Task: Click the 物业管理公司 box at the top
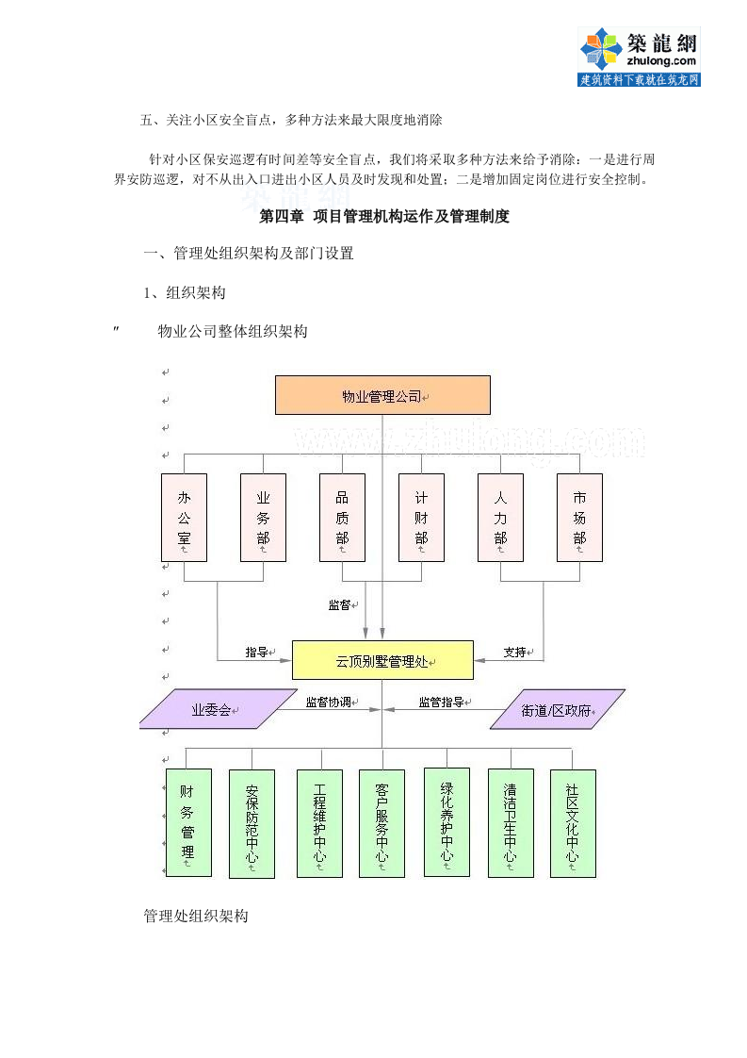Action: [x=382, y=395]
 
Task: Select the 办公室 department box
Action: [x=184, y=518]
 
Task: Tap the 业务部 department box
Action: [x=263, y=518]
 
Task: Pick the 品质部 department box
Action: [x=342, y=518]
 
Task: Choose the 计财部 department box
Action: [x=421, y=518]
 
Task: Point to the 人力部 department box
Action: [x=500, y=518]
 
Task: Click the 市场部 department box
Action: [x=579, y=518]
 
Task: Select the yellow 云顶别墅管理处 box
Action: [x=382, y=660]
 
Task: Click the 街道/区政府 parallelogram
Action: [x=558, y=710]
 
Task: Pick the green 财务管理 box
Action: [x=188, y=822]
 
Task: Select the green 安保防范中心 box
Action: [x=252, y=823]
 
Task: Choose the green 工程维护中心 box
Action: [x=319, y=823]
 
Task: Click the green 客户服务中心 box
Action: [x=382, y=823]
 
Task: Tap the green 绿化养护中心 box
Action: [x=447, y=822]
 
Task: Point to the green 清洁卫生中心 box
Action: [x=511, y=823]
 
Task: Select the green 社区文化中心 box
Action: [x=573, y=823]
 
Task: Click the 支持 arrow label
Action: [x=515, y=652]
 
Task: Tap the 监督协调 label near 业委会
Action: [x=329, y=702]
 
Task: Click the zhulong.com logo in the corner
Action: [x=639, y=57]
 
